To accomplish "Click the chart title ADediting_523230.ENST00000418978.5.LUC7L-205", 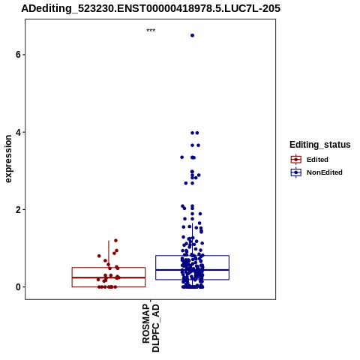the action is (x=151, y=8).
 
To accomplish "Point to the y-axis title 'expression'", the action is (x=8, y=159).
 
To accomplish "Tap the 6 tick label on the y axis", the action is (x=18, y=55).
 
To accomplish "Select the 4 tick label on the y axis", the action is (x=18, y=132).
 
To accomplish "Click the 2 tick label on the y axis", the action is (x=18, y=210).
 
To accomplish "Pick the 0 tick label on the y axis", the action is (x=18, y=287).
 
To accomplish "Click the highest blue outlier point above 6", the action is (x=192, y=35).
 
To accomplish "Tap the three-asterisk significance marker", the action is (x=151, y=30).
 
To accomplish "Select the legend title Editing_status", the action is (x=320, y=145).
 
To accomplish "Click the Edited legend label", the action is (x=317, y=160).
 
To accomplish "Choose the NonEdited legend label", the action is (x=325, y=172).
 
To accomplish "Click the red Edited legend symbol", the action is (x=296, y=160).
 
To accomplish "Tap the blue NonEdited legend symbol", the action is (x=296, y=172).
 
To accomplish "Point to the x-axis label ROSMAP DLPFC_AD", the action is (x=151, y=328).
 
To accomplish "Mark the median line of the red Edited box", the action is (x=109, y=277).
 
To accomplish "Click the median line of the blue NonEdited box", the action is (x=192, y=270).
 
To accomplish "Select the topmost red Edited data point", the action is (x=115, y=241).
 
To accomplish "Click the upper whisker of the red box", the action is (x=109, y=254).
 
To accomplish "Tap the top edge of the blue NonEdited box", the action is (x=192, y=256).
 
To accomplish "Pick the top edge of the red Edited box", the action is (x=109, y=268).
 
